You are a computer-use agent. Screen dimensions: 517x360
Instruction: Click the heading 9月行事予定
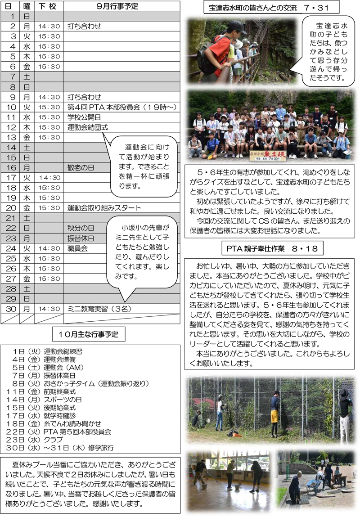pyautogui.click(x=117, y=6)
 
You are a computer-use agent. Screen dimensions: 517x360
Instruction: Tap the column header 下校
pyautogui.click(x=46, y=6)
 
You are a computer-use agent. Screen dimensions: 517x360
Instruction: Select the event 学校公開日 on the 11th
pyautogui.click(x=84, y=117)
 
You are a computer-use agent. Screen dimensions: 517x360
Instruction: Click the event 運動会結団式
pyautogui.click(x=87, y=127)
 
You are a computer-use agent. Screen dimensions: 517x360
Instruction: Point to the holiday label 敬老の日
pyautogui.click(x=81, y=167)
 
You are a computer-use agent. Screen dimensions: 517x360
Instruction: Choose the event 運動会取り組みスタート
pyautogui.click(x=104, y=208)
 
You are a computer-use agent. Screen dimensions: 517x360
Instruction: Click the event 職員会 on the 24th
pyautogui.click(x=77, y=248)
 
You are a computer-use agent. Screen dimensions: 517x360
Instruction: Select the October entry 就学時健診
pyautogui.click(x=60, y=415)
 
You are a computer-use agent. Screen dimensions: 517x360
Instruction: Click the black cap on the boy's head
pyautogui.click(x=235, y=27)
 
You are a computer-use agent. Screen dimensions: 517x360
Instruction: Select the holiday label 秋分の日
pyautogui.click(x=81, y=228)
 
